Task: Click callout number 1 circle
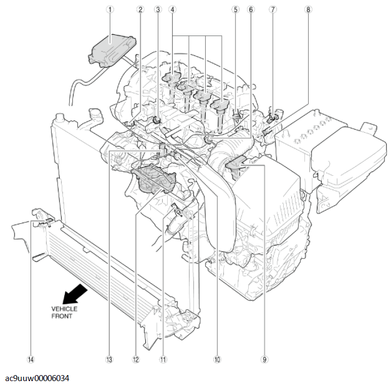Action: coord(110,9)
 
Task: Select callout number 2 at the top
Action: coord(140,9)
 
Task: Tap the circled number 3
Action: coord(158,9)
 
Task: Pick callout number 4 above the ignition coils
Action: coord(172,9)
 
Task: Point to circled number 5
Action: coord(235,9)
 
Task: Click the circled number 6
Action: coord(251,9)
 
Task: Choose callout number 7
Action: coord(272,9)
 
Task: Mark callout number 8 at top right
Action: coord(308,9)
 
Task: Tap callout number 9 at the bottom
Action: coord(265,359)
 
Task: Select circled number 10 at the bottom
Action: coord(217,359)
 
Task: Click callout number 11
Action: coord(162,359)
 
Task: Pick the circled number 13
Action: coord(109,359)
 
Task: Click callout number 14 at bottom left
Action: coord(30,359)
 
